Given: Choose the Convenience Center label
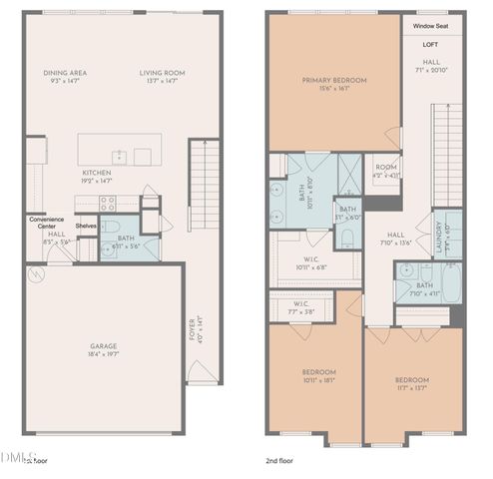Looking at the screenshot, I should click(46, 222).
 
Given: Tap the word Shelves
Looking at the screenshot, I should click(86, 226).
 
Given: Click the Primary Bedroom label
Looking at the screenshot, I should click(335, 80).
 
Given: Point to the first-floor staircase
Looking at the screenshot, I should click(203, 186).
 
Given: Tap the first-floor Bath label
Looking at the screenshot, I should click(126, 237).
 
